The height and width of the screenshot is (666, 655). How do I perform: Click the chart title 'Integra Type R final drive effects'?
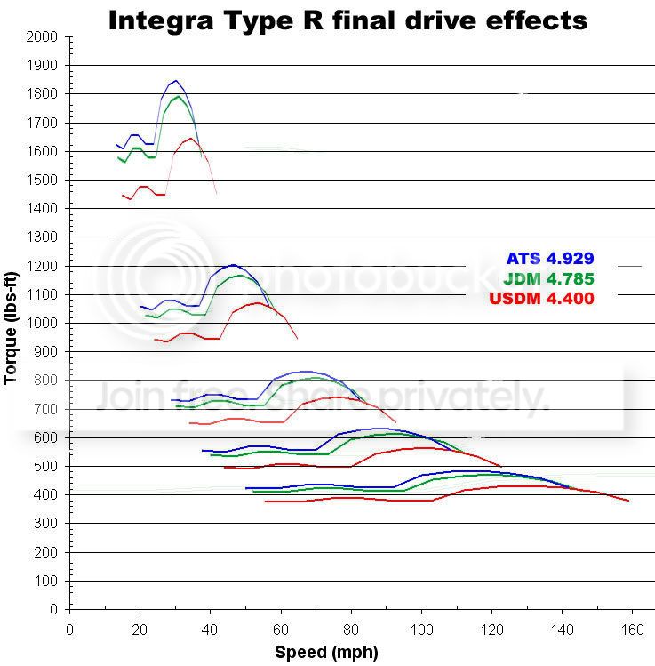(x=347, y=19)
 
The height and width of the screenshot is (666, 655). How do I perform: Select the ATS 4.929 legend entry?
(x=549, y=259)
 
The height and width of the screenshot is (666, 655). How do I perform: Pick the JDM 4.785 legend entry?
(x=548, y=278)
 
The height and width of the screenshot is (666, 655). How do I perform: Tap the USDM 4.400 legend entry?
(x=541, y=299)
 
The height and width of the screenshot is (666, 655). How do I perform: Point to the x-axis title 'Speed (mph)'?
(x=326, y=652)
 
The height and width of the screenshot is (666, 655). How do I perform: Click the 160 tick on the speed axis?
(x=633, y=629)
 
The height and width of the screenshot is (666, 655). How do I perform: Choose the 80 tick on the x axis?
(x=351, y=629)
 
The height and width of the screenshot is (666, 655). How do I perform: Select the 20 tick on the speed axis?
(x=140, y=629)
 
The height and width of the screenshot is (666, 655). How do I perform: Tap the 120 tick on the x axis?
(x=491, y=629)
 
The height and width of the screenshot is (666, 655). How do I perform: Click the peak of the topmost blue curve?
(x=174, y=81)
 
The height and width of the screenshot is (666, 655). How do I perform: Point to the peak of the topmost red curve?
(x=190, y=138)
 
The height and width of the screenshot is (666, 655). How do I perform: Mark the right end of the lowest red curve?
(x=628, y=502)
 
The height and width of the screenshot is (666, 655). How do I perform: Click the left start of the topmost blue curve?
(x=116, y=144)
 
